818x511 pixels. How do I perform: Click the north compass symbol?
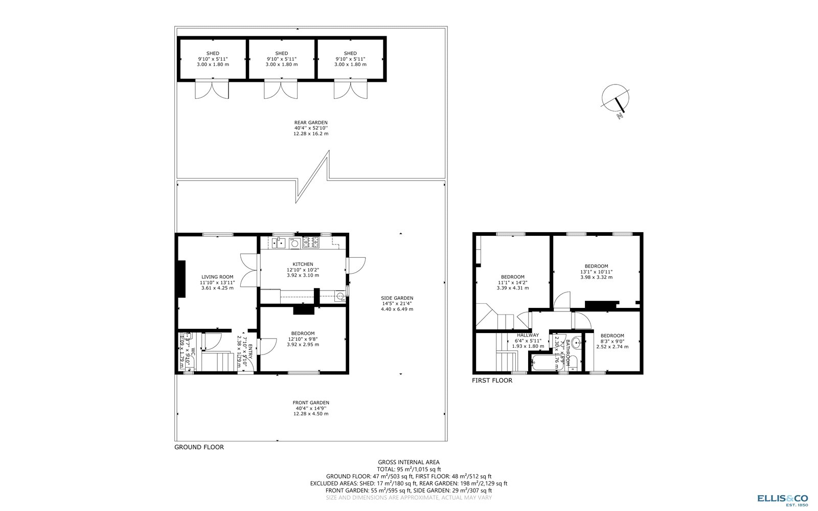point(615,99)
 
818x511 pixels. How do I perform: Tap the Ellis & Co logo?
point(782,500)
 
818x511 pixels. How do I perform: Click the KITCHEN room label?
point(303,264)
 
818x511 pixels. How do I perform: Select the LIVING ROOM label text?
point(217,277)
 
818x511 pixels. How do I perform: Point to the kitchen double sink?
point(279,242)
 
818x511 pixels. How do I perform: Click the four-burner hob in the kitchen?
point(310,242)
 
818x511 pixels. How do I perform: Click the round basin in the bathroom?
point(576,343)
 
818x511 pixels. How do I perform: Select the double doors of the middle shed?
point(281,90)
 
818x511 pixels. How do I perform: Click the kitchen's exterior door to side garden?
point(356,265)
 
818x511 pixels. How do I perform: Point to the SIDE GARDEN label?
point(397,298)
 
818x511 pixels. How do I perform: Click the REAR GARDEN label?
point(310,122)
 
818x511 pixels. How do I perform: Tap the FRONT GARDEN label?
point(310,403)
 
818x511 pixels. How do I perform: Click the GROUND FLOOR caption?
point(199,447)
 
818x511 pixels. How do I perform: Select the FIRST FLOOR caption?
point(492,381)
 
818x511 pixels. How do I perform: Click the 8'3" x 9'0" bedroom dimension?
point(612,341)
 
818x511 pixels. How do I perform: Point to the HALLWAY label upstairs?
point(527,335)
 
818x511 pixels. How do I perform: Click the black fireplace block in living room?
point(180,279)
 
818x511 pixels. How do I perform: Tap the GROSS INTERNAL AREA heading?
point(408,462)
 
